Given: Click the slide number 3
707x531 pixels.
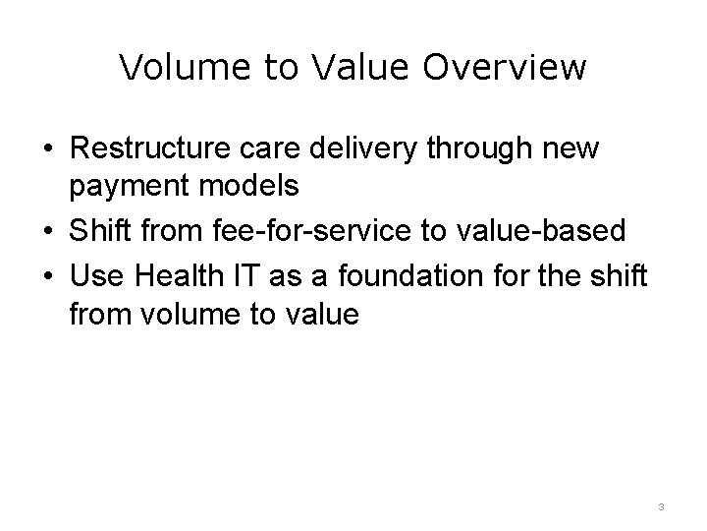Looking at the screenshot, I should point(662,506).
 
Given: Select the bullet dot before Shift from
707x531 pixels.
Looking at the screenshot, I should point(47,231).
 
